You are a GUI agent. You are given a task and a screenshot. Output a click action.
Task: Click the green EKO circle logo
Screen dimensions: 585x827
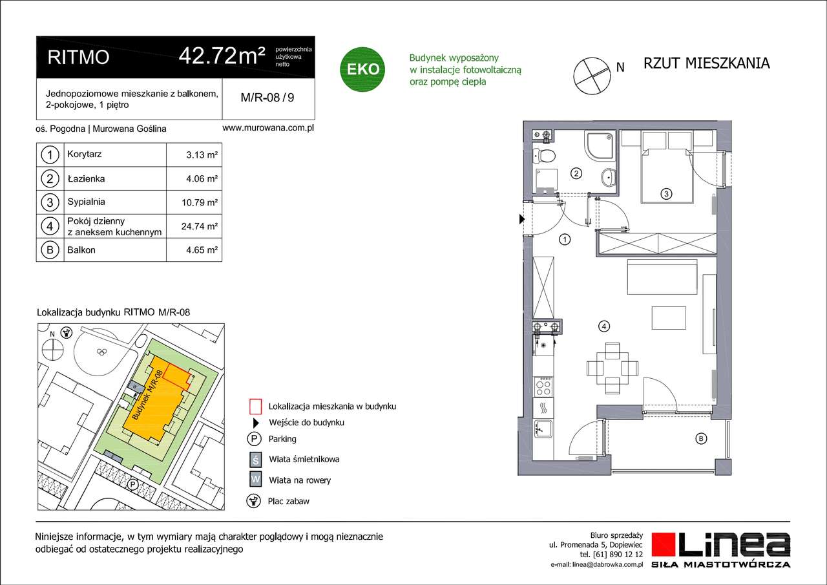363,68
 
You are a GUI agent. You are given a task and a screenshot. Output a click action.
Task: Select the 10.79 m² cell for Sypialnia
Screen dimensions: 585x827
200,202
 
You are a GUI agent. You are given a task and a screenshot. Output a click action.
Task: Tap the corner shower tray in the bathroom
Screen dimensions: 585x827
600,145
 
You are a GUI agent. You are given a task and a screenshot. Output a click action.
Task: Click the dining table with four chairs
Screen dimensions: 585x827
607,368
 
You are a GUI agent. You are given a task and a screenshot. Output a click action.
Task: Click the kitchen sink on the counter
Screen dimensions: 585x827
542,429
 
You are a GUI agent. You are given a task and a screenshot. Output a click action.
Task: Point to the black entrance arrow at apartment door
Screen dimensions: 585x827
522,220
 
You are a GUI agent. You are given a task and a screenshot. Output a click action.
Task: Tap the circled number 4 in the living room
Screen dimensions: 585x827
603,326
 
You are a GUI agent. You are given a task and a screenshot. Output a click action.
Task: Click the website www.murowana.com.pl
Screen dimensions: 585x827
267,128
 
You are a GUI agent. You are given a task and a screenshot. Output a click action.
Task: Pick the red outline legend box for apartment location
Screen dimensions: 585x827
255,407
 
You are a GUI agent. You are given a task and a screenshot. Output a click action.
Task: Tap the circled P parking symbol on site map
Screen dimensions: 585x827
133,484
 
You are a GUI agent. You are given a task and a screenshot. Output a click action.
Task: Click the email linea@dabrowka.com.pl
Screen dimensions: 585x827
596,564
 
